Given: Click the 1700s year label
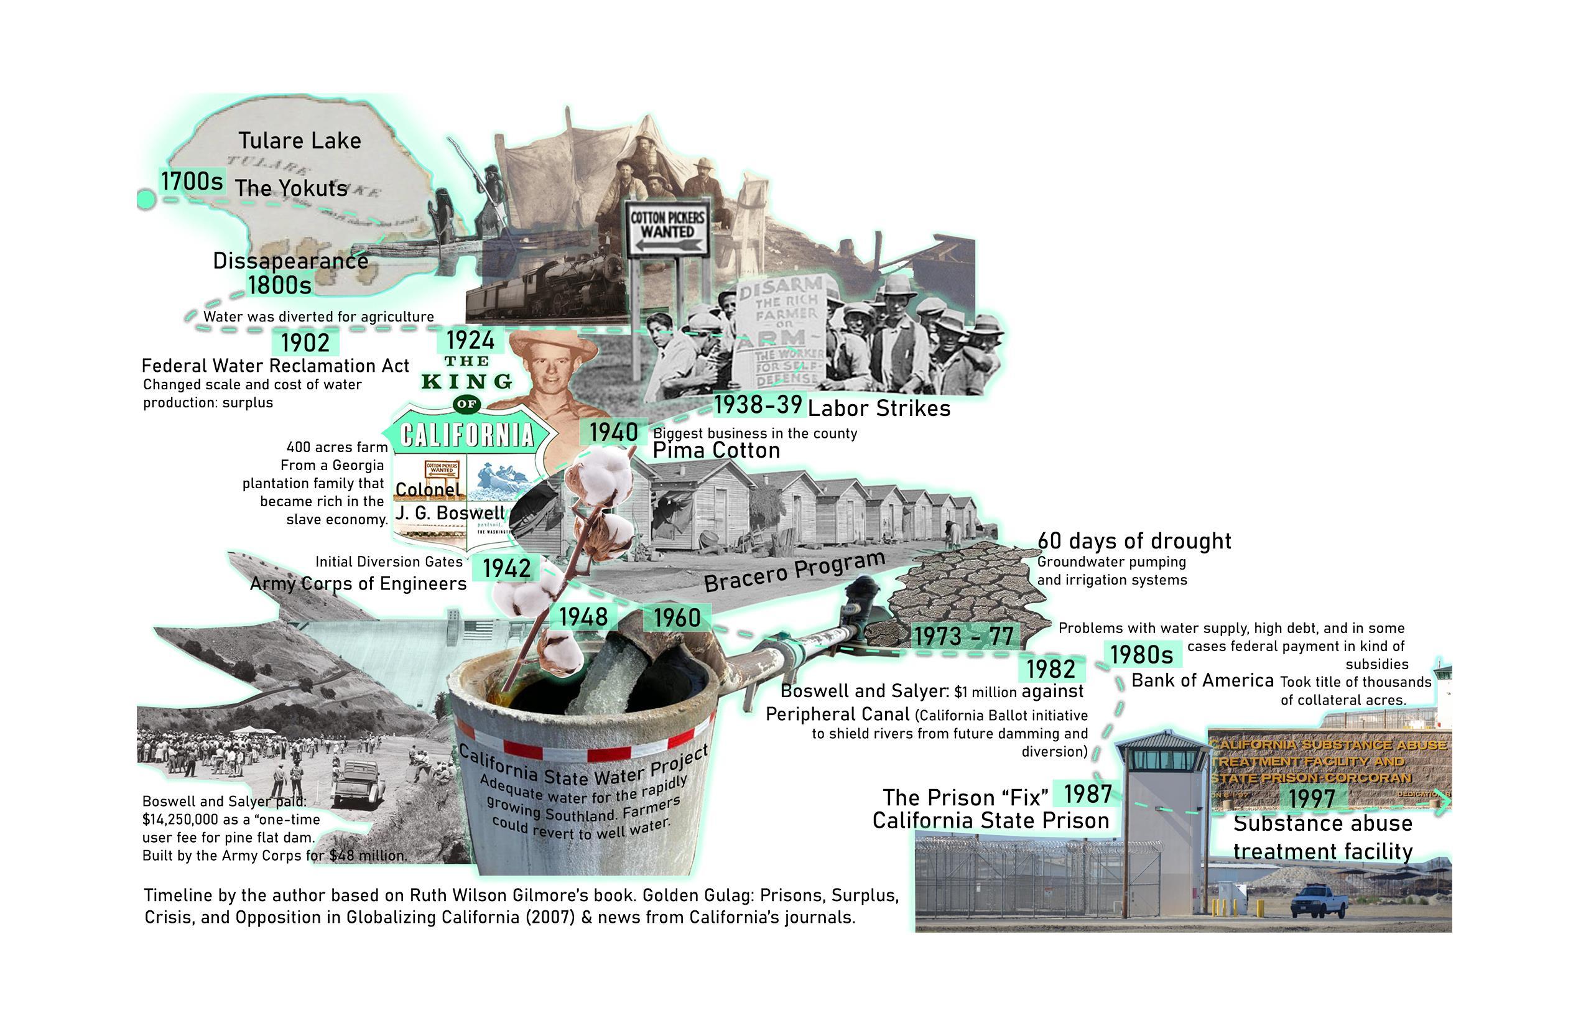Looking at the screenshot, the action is click(192, 181).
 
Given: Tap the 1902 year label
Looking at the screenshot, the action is click(305, 343).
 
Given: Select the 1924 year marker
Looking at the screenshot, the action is click(470, 341).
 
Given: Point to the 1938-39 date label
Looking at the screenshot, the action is click(758, 404).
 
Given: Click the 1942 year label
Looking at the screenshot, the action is click(507, 568).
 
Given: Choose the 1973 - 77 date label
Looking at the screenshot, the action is click(963, 636).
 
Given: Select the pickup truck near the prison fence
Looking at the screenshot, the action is click(1319, 900).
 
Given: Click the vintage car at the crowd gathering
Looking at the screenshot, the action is click(358, 784).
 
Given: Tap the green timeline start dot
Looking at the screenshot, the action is click(146, 199).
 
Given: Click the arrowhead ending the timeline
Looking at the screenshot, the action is click(1442, 803).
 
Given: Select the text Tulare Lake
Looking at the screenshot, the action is click(300, 141).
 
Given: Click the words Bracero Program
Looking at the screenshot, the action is click(794, 571).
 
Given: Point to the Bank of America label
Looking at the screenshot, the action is click(1202, 680).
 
